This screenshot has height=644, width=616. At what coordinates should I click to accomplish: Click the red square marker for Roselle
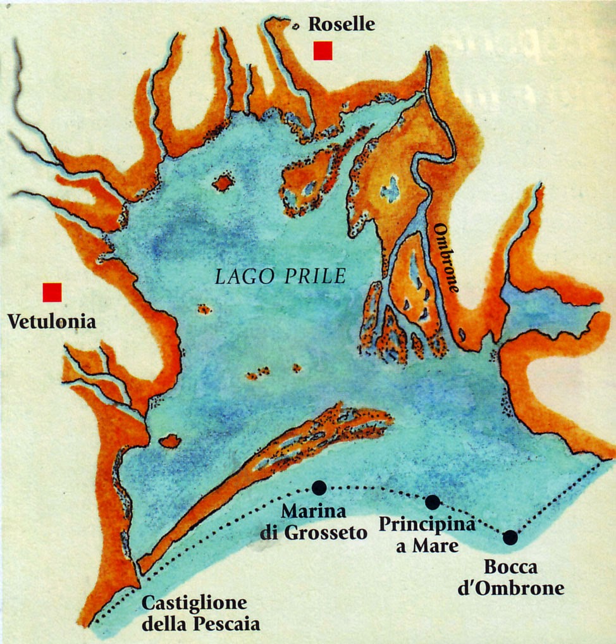323,51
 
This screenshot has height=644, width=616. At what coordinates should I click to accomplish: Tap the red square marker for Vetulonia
52,292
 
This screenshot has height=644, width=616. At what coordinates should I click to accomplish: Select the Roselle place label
342,25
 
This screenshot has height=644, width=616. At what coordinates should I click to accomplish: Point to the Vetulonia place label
52,322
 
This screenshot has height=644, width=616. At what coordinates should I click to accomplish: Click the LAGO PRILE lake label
280,276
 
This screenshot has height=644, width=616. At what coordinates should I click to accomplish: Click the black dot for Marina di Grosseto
319,487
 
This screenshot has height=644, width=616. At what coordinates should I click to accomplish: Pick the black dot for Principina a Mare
433,502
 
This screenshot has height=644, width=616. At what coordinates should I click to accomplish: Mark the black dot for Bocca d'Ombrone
510,538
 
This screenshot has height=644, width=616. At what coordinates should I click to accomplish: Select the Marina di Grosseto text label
314,521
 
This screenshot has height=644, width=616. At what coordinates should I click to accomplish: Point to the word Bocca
510,566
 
